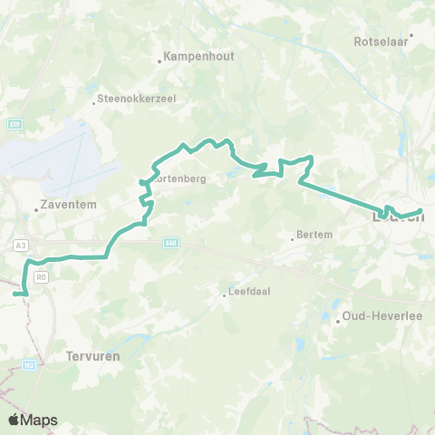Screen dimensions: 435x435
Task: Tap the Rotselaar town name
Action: (382, 42)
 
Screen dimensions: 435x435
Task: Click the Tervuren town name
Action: (93, 357)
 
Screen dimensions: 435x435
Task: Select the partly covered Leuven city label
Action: (396, 217)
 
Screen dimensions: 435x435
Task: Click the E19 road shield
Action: (15, 124)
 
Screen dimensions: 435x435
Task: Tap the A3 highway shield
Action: (20, 245)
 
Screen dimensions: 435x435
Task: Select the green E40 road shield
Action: (171, 243)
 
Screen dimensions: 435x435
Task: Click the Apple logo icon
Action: (14, 420)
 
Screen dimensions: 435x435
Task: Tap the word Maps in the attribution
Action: (40, 420)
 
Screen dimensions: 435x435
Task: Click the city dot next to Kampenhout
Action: (160, 62)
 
